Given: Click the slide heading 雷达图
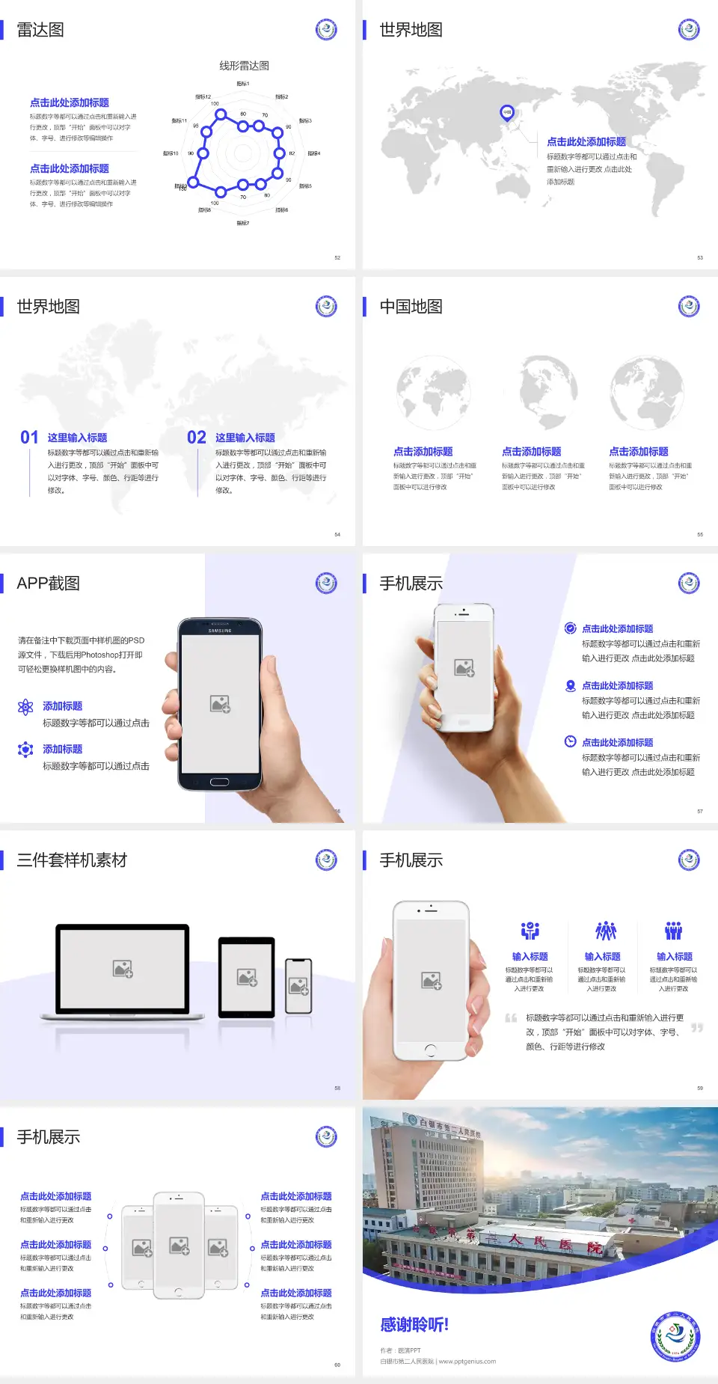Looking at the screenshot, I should (40, 30).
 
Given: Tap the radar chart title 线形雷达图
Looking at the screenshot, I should (244, 66).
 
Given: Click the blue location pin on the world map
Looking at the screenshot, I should (506, 113).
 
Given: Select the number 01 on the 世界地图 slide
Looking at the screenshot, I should (29, 438).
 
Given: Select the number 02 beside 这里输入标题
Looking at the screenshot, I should (197, 438).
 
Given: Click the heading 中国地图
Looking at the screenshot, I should (411, 307).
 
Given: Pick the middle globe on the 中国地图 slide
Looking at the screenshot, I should (548, 392).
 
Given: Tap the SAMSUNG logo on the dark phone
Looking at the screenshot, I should (220, 631).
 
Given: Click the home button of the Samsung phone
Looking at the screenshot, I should (219, 782).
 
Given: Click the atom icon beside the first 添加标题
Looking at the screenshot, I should (25, 707).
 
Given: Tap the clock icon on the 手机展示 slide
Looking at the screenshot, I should (570, 741).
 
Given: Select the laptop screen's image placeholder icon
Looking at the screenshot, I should (123, 969).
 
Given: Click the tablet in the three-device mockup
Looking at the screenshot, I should (246, 976).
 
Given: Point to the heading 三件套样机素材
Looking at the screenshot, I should (72, 860).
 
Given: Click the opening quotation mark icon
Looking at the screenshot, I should (511, 1017).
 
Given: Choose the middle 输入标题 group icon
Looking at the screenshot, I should (605, 931).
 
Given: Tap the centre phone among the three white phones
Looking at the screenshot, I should (179, 1246).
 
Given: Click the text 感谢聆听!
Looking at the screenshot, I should (414, 1325).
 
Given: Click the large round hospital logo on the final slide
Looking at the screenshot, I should (675, 1336).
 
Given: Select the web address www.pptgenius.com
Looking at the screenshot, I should (467, 1362).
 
